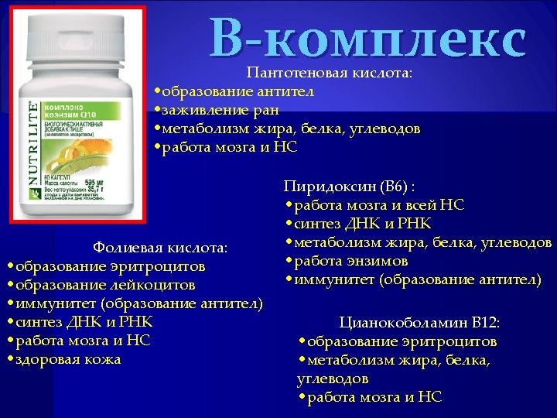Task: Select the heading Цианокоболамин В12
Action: click(419, 322)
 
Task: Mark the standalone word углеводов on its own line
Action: click(333, 379)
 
